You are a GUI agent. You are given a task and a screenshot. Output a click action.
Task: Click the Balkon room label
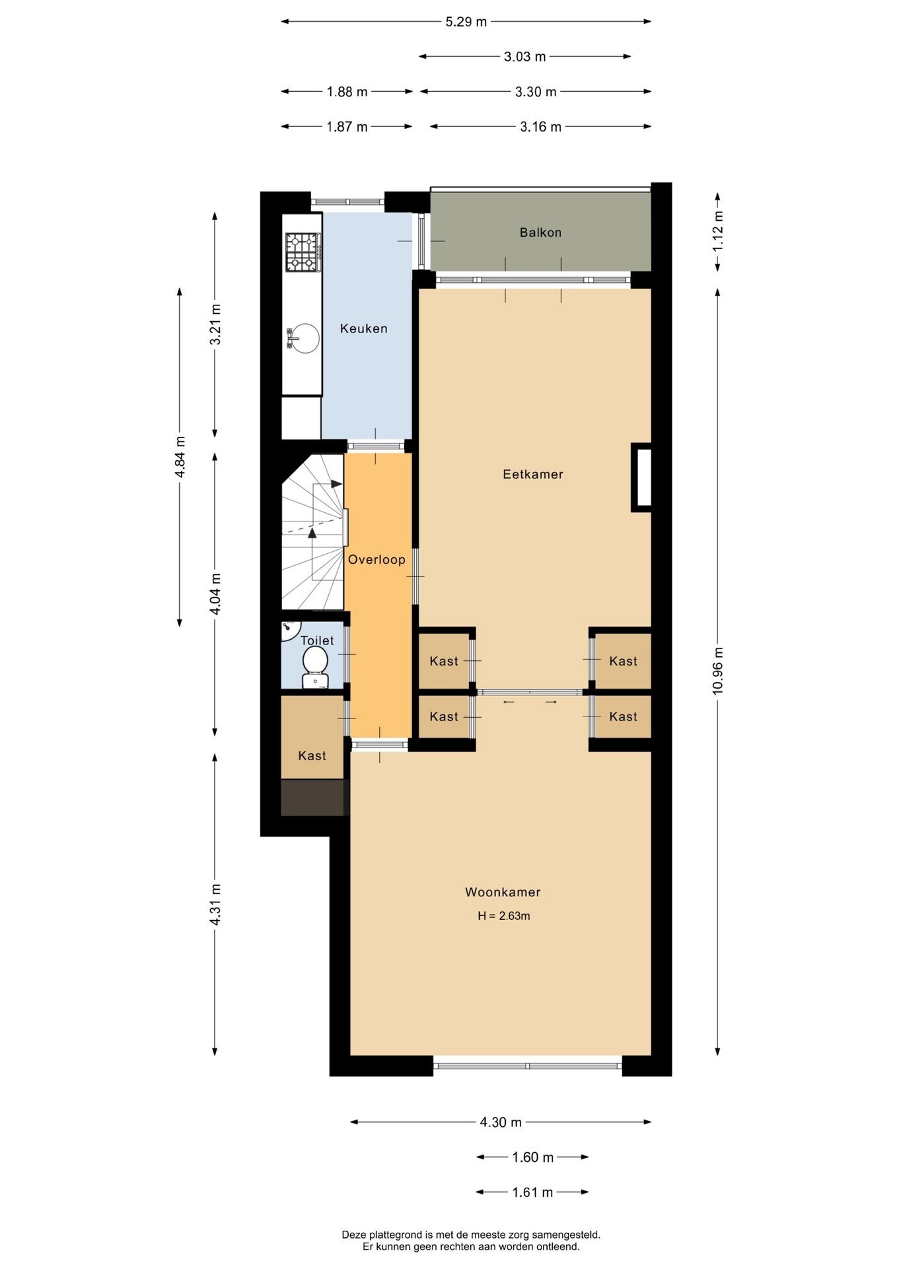pos(540,233)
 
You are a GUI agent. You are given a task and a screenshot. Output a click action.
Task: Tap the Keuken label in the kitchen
pos(363,328)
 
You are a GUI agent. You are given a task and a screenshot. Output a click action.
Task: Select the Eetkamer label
pos(533,474)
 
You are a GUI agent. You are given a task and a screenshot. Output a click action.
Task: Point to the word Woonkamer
pos(503,892)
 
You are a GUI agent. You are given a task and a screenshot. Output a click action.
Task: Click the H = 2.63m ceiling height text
pos(504,916)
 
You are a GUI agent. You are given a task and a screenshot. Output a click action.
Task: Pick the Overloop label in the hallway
pos(377,560)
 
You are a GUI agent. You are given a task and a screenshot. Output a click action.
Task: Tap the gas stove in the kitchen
pos(303,252)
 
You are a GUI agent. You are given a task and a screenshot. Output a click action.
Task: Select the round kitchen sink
pos(305,338)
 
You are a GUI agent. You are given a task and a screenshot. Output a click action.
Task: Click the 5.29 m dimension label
pos(466,22)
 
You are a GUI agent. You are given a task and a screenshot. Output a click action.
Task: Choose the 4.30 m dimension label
pos(501,1122)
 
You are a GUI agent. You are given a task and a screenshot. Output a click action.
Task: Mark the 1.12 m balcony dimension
pos(718,231)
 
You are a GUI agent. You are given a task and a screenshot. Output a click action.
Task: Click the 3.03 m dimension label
pos(525,57)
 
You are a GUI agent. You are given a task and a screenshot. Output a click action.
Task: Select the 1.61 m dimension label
pos(532,1192)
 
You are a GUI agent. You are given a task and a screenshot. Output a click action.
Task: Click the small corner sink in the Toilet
pos(289,630)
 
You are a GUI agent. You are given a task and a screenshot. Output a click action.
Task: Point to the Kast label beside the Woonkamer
pos(312,755)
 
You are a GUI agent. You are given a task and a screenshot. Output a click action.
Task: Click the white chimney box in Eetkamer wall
pos(641,477)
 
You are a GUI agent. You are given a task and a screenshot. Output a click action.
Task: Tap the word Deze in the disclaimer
pos(354,1235)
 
